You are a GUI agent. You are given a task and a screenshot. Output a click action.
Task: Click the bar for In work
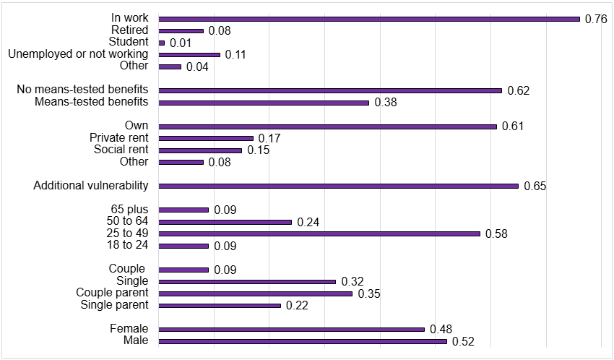coord(369,19)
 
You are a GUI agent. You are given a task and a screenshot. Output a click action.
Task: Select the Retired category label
coord(129,30)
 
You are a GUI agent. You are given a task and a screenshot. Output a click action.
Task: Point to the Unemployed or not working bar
coord(189,55)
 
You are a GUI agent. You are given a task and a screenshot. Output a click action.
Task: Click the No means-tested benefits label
coord(82,90)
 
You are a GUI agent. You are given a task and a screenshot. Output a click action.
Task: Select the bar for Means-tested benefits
coord(264,103)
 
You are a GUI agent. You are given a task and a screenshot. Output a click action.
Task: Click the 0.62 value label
coord(519,91)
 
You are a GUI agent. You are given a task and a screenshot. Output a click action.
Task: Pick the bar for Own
coord(328,127)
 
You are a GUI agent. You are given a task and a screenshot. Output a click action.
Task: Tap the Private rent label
coord(118,138)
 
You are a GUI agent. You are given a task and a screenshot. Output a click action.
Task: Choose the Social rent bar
coord(200,150)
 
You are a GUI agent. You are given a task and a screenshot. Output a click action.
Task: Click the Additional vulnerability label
coord(91,186)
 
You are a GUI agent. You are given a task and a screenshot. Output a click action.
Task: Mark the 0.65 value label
coord(535,187)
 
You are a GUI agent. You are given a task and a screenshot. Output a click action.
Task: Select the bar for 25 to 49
coord(319,233)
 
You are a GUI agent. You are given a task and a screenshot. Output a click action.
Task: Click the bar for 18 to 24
coord(183,246)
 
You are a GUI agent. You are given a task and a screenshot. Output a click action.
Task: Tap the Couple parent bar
coord(255,293)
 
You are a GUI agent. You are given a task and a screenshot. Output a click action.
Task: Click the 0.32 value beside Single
coord(353,282)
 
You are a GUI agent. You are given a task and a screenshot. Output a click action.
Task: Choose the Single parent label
coord(115,305)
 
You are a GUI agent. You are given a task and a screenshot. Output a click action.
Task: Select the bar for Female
coord(291,329)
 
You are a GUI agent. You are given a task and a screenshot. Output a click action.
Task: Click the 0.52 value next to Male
coord(463,342)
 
